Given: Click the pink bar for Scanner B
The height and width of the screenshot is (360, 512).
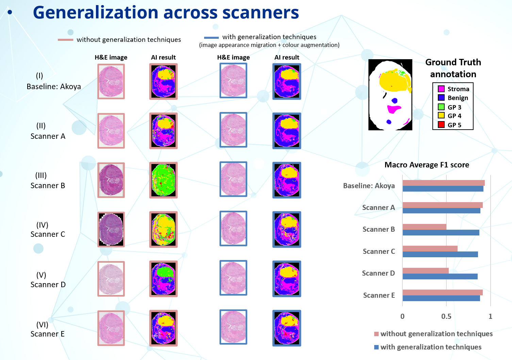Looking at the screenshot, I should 424,227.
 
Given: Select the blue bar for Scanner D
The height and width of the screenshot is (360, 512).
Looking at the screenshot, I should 440,276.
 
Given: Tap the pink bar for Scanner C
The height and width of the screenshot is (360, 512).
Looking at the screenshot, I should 430,249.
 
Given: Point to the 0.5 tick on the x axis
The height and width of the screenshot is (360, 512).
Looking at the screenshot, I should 446,316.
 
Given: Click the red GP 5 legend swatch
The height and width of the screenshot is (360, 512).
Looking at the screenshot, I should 441,125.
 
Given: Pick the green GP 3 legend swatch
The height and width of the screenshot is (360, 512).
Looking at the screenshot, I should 441,107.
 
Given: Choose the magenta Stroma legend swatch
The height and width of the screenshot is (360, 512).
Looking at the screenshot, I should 441,89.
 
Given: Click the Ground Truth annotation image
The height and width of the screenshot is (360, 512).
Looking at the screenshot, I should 390,95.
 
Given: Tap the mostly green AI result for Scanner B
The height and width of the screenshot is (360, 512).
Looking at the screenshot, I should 163,180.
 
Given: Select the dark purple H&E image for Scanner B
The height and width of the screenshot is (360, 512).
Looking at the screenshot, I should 111,180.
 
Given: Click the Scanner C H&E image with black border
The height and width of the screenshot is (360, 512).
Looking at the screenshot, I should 111,229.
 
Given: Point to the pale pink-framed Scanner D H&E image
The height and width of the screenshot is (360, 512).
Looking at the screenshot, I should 111,279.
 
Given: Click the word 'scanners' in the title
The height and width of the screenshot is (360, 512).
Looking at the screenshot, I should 261,13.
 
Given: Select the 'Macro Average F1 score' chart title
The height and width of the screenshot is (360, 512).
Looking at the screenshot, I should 427,165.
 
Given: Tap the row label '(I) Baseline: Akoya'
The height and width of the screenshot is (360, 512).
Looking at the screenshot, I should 53,81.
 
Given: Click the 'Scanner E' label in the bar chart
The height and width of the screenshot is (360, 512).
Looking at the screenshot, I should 379,295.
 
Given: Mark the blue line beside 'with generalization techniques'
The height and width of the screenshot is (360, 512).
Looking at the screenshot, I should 211,38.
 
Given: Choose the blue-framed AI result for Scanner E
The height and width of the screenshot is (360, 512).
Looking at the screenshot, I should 287,328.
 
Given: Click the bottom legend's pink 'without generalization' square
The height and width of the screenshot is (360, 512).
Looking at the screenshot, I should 376,334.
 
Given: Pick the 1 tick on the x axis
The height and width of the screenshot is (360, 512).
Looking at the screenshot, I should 490,316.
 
